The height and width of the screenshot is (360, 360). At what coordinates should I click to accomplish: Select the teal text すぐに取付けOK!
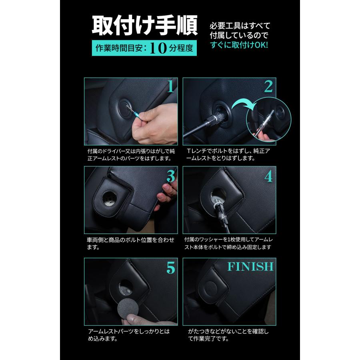point(239,45)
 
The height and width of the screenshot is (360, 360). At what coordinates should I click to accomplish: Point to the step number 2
point(268,87)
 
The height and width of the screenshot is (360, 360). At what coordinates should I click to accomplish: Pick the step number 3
point(171,176)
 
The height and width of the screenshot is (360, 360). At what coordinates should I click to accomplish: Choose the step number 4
point(268,176)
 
